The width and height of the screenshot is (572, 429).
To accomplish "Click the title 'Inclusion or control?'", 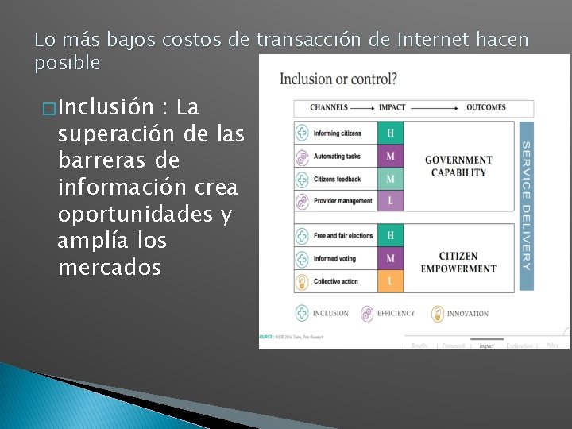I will point(338,79).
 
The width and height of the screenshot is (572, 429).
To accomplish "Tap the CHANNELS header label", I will point(330,107).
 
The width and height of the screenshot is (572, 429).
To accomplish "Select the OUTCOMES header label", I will point(485,107).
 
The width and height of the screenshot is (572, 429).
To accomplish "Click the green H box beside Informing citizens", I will point(390,133).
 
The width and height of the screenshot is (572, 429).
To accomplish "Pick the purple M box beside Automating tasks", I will point(390,156).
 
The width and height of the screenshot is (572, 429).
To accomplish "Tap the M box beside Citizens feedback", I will point(390,179).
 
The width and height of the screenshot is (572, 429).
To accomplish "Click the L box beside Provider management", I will point(390,201).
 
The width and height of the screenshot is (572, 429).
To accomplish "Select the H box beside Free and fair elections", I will point(390,236).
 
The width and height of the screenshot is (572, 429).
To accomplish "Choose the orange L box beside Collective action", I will point(390,281).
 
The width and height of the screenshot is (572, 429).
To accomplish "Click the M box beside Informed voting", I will point(390,258).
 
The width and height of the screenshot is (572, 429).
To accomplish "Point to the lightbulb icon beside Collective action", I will point(302,281).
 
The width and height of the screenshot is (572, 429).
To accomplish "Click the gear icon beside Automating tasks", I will point(302,157).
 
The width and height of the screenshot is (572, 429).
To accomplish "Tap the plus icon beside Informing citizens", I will point(302,133).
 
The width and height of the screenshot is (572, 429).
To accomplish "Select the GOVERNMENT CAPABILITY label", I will point(458,166).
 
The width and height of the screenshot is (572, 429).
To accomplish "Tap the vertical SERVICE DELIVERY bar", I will point(525,205).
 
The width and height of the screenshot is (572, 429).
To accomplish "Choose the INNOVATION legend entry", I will point(460,314).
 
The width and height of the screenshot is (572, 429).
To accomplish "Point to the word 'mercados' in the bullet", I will point(110,268).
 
